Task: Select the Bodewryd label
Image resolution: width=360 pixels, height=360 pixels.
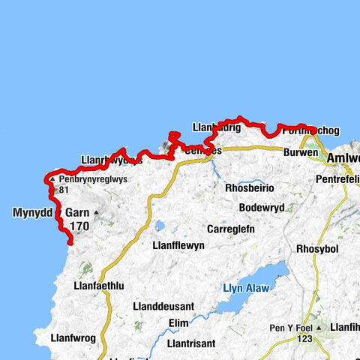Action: (x=262, y=208)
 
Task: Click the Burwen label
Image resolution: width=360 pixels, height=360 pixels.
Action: (x=301, y=151)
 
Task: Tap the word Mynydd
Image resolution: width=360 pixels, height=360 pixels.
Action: (x=33, y=213)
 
